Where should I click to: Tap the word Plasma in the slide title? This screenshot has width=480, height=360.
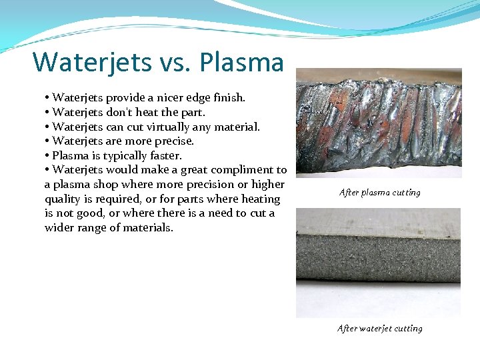(241, 62)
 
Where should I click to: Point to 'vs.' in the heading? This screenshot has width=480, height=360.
(179, 63)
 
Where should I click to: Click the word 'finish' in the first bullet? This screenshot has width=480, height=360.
(228, 97)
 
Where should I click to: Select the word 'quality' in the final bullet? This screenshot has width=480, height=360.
(62, 199)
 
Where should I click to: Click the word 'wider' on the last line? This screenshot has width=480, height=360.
(61, 228)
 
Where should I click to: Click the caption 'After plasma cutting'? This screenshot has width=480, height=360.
(379, 193)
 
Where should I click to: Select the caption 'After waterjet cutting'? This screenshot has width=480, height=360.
(379, 328)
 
